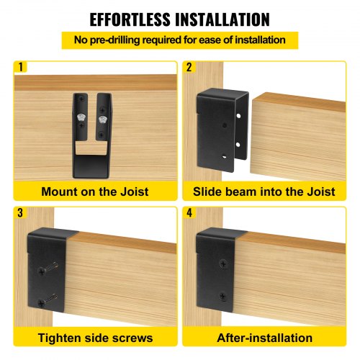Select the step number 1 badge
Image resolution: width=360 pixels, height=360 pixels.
pyautogui.click(x=21, y=68)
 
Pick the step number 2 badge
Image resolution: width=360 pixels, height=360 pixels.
pyautogui.click(x=189, y=68)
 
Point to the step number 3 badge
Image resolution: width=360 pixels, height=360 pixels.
pyautogui.click(x=21, y=213)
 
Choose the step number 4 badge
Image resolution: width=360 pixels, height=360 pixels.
pyautogui.click(x=189, y=213)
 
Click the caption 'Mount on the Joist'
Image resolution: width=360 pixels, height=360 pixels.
pyautogui.click(x=95, y=191)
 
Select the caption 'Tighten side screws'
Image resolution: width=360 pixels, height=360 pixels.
pyautogui.click(x=95, y=338)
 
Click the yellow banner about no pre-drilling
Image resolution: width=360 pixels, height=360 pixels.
pyautogui.click(x=179, y=40)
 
